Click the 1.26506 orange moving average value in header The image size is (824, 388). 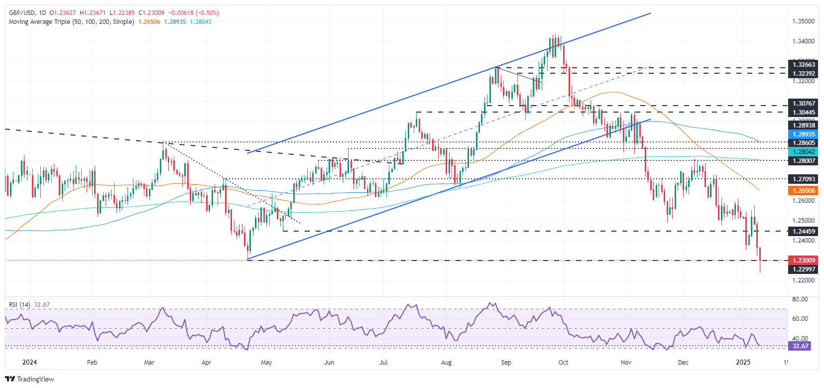point(149,22)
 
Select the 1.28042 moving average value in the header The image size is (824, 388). point(201,22)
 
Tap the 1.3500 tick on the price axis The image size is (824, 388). point(804,21)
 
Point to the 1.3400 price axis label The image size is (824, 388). point(804,41)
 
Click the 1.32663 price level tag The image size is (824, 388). point(804,65)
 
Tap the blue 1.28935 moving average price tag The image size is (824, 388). point(804,134)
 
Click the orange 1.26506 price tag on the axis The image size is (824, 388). point(804,191)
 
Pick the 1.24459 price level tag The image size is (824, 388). point(804,231)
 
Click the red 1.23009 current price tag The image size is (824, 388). point(804,260)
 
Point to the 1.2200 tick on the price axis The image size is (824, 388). point(804,280)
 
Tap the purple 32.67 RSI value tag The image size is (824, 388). point(800,346)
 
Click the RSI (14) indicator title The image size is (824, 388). point(19,305)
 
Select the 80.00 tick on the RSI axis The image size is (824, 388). point(800,299)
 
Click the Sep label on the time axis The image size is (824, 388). point(506,363)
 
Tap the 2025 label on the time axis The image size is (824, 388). point(743,363)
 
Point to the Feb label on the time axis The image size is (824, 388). point(92,363)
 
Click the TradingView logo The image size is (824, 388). point(30,379)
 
